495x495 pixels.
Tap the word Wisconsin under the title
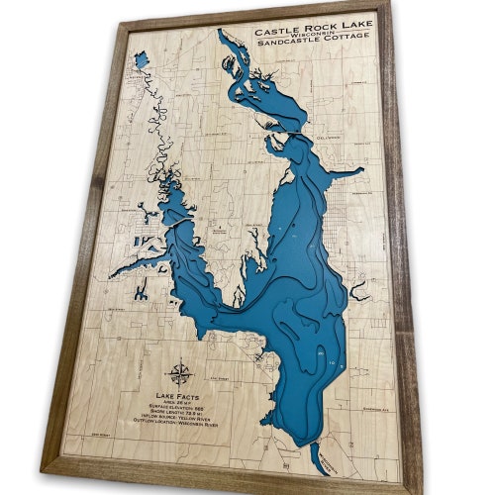point(308,38)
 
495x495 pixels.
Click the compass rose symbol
point(180,374)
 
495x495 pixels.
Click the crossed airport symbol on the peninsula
point(250,230)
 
